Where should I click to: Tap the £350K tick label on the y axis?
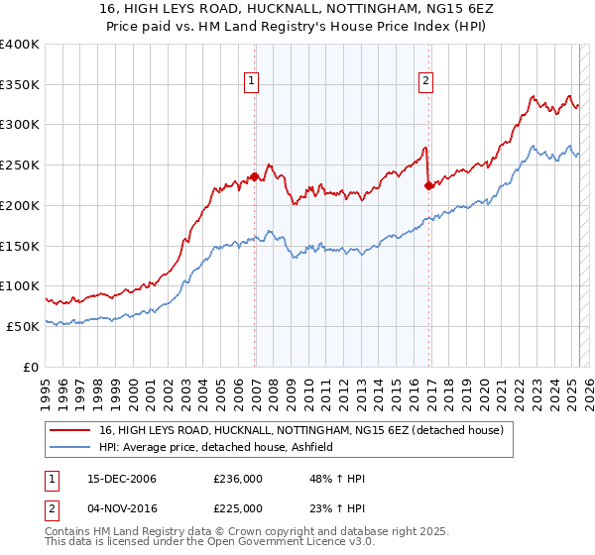click(x=20, y=84)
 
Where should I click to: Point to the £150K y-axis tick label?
click(x=20, y=246)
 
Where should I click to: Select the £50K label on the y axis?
click(x=24, y=326)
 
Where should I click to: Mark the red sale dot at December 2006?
click(x=254, y=177)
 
